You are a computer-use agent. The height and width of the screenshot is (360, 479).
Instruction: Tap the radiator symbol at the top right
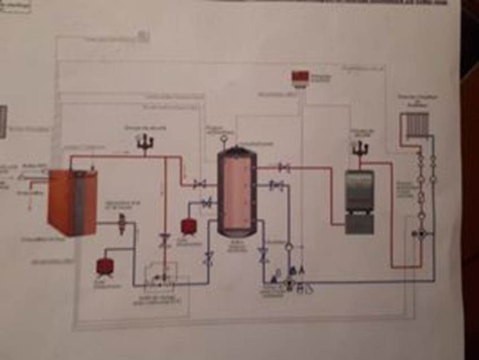click(x=416, y=124)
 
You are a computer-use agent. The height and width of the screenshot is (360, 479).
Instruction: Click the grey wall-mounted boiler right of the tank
click(x=359, y=201)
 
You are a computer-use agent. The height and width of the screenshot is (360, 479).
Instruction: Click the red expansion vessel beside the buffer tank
click(x=188, y=227)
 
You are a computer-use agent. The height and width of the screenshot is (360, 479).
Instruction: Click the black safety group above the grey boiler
click(x=359, y=149)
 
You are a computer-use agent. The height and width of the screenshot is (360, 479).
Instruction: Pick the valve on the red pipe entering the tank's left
click(x=199, y=184)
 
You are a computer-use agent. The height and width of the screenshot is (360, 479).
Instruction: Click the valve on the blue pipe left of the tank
click(x=207, y=202)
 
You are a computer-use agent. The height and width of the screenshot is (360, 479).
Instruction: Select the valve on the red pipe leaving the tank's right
click(x=284, y=167)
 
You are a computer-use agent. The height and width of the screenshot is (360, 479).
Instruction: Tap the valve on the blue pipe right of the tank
click(x=276, y=185)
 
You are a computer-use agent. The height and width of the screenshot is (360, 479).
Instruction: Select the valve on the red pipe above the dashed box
click(x=165, y=239)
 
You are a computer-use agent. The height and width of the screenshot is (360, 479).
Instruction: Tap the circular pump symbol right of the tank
click(x=289, y=246)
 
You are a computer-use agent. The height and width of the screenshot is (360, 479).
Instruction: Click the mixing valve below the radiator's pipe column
click(x=420, y=234)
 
